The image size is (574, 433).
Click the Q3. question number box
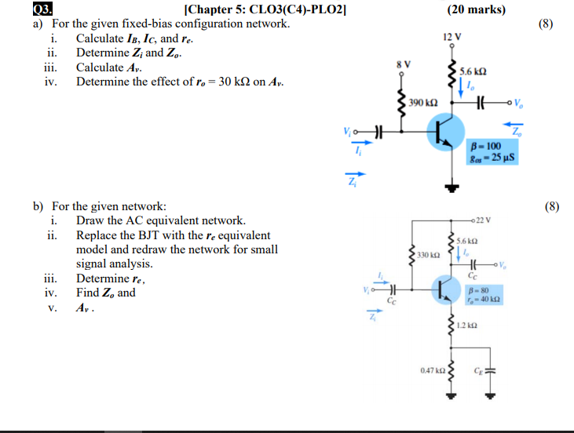pyautogui.click(x=43, y=9)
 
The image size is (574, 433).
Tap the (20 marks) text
pyautogui.click(x=477, y=9)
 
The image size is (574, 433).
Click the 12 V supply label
pyautogui.click(x=452, y=37)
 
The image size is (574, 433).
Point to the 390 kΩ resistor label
pyautogui.click(x=423, y=103)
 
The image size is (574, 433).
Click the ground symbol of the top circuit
pyautogui.click(x=452, y=187)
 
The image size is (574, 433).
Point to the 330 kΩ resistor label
pyautogui.click(x=429, y=255)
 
